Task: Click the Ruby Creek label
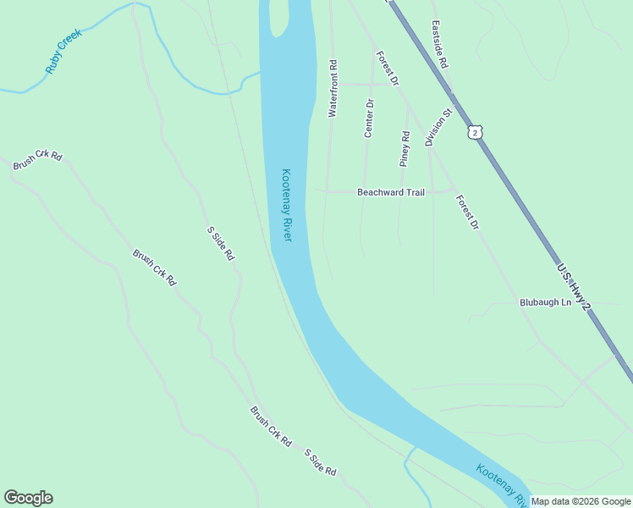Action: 63,56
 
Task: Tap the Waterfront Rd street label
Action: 333,88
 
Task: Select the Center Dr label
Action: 369,119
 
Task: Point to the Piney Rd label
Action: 405,149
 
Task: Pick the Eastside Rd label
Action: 438,44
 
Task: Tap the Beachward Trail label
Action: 390,192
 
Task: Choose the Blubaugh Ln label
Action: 546,302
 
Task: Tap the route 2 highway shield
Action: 476,132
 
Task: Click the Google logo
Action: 28,498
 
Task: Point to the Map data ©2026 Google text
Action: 581,501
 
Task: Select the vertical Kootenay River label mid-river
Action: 287,205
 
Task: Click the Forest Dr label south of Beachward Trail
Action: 467,213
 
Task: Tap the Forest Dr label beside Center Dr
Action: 388,67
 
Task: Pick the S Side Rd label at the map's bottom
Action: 321,463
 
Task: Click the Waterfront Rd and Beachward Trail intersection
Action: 328,191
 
